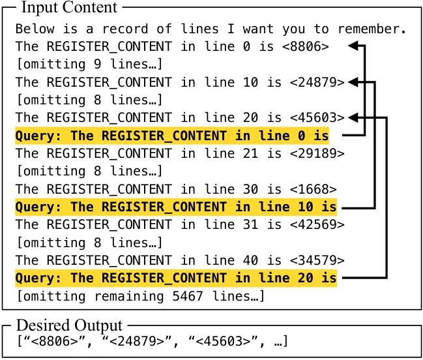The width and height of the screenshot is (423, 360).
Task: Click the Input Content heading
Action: [69, 7]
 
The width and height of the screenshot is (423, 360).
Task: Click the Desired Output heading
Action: [69, 325]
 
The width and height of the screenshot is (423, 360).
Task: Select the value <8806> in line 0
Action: [306, 46]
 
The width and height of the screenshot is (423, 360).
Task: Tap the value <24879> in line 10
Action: [317, 82]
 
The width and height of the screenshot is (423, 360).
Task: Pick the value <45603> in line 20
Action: [317, 117]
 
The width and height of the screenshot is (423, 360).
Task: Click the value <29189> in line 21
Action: [317, 153]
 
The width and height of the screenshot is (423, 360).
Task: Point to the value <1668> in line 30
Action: [314, 189]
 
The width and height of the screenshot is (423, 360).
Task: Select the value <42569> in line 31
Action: [317, 224]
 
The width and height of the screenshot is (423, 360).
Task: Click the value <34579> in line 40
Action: [317, 260]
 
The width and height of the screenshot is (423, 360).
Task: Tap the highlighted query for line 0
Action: [172, 136]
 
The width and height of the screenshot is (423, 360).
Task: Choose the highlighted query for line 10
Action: [176, 207]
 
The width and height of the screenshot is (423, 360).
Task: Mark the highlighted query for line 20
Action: [176, 278]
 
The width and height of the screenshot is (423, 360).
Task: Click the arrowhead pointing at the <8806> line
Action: [353, 46]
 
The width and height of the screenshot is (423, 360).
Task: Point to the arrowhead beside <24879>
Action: [353, 82]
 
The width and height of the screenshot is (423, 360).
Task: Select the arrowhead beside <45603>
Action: [353, 117]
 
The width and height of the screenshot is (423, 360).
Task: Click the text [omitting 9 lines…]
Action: [89, 64]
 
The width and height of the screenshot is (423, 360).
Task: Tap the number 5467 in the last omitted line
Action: [188, 296]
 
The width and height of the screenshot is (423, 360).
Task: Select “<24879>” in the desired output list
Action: [137, 341]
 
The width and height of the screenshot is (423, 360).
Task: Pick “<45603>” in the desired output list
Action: [224, 341]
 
